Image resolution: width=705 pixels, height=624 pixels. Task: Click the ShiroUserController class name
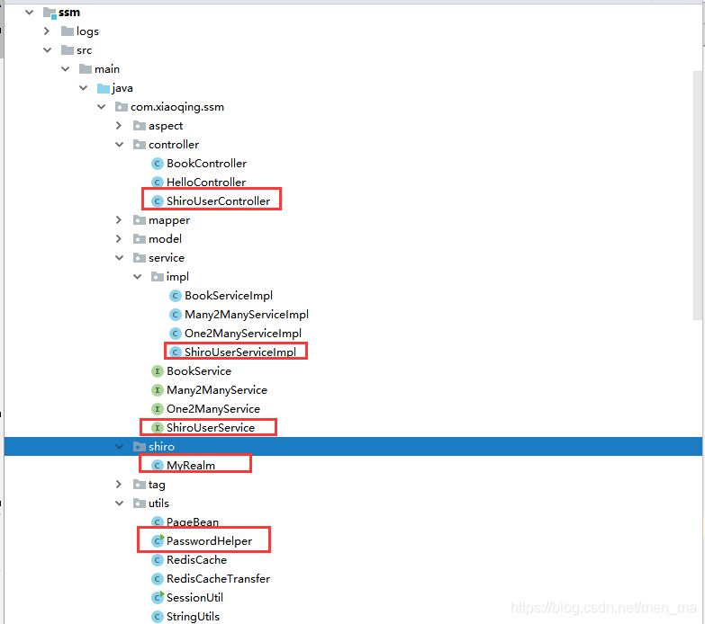(x=218, y=201)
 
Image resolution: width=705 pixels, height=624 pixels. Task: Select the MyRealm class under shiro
(x=191, y=466)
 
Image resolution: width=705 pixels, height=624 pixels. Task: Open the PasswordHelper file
(x=209, y=541)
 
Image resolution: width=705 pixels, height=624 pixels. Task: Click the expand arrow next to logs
(x=47, y=31)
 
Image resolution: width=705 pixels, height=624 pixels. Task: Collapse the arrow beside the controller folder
(x=119, y=145)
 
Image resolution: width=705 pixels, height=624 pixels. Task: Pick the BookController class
(x=206, y=164)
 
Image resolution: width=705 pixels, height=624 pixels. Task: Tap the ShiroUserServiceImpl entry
(x=240, y=352)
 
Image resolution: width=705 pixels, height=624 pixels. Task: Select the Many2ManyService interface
(x=217, y=390)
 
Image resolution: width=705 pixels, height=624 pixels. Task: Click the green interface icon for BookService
(x=157, y=371)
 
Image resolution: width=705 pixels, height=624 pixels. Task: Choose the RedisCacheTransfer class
(x=218, y=579)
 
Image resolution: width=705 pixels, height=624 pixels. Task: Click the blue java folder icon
(x=104, y=88)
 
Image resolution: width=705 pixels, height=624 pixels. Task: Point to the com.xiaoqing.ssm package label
(x=177, y=107)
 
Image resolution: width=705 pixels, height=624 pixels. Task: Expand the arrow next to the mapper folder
(x=119, y=220)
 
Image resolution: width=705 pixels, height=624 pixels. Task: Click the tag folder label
(x=157, y=485)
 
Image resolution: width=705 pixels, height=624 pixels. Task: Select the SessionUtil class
(x=194, y=598)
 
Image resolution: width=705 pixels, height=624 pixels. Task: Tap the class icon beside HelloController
(x=157, y=183)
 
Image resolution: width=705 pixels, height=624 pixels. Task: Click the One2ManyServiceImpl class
(x=243, y=333)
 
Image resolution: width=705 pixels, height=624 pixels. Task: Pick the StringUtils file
(x=193, y=617)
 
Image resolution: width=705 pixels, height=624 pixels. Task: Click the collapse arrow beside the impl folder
(x=137, y=277)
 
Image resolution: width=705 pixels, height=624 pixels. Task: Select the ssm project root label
(x=69, y=13)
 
